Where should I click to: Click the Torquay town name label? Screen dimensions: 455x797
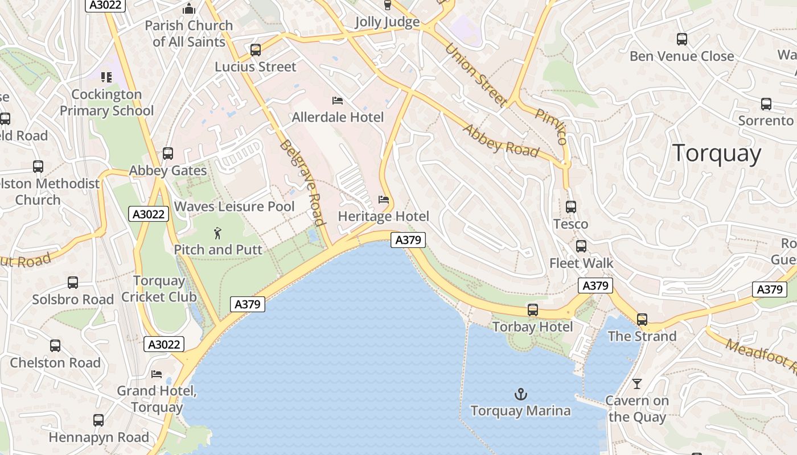click(x=716, y=154)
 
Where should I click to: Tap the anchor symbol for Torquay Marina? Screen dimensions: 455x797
click(x=520, y=394)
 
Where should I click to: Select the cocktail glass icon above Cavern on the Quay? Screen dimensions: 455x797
click(x=637, y=384)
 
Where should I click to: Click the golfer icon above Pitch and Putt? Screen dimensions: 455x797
click(x=217, y=233)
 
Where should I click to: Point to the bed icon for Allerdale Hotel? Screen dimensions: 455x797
click(x=338, y=101)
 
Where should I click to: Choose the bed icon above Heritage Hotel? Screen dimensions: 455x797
click(x=384, y=200)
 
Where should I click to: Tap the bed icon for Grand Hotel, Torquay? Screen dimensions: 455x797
click(x=157, y=374)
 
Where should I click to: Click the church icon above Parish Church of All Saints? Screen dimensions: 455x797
click(x=188, y=9)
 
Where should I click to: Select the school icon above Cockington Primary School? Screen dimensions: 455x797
click(x=106, y=77)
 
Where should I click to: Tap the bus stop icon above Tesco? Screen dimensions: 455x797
click(x=571, y=207)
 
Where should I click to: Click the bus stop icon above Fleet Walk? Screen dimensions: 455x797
click(x=581, y=246)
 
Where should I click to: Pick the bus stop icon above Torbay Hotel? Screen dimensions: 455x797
click(x=533, y=310)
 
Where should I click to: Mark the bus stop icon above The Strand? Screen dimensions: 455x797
click(x=642, y=320)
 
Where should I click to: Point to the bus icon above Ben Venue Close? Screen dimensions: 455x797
click(x=682, y=39)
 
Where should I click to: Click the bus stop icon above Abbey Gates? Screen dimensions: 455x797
click(x=168, y=154)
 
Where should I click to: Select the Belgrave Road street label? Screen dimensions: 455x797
click(x=302, y=183)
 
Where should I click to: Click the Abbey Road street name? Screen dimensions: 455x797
click(x=500, y=140)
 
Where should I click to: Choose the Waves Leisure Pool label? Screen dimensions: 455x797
click(x=235, y=206)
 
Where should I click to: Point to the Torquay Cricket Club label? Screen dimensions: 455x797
click(x=159, y=289)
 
